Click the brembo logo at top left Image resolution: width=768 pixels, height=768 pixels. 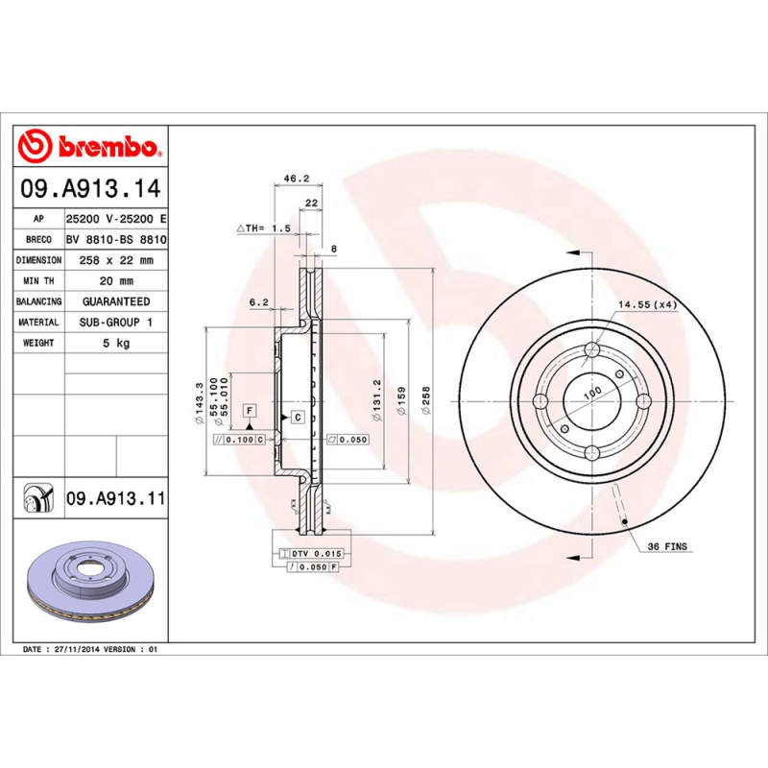click(89, 146)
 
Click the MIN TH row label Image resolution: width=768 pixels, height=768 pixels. click(38, 281)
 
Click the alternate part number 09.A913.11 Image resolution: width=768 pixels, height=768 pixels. click(116, 499)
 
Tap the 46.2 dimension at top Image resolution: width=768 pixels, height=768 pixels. click(296, 178)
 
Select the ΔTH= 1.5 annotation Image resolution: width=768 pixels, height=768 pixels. click(263, 228)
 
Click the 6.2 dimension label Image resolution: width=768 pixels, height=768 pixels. click(258, 301)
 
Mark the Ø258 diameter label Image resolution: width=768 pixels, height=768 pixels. click(426, 398)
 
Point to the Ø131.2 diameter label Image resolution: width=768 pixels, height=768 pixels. click(377, 398)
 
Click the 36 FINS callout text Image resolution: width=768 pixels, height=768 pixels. click(667, 546)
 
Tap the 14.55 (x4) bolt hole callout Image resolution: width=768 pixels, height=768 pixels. click(648, 304)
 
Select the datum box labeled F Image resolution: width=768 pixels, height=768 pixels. click(250, 411)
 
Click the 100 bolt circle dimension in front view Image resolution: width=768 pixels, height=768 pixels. click(592, 392)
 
